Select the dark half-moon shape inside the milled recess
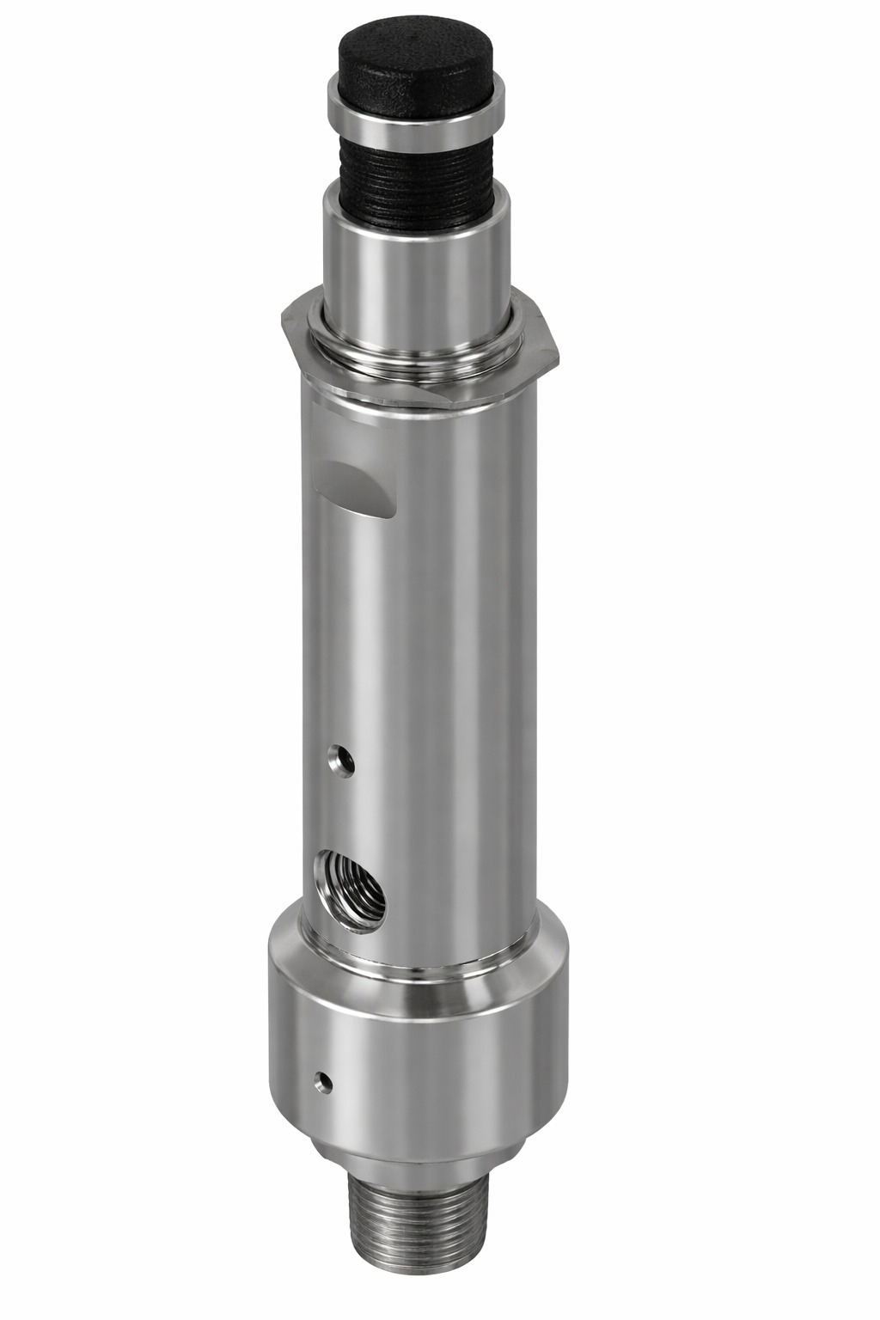pos(344,475)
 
